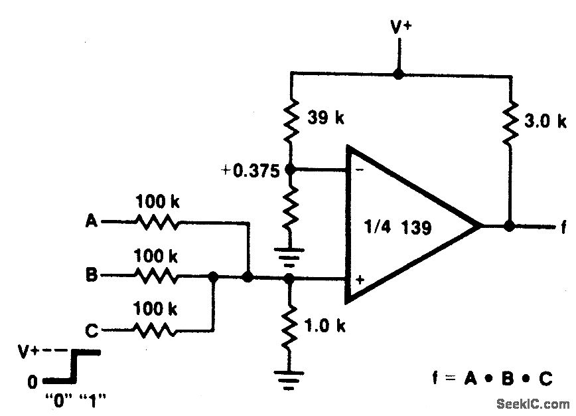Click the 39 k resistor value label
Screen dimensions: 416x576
coord(327,118)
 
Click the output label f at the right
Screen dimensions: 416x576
coord(563,227)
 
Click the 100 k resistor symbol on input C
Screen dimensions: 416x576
coord(157,329)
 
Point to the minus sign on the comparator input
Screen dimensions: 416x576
coord(359,170)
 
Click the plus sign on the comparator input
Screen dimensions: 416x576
coord(359,280)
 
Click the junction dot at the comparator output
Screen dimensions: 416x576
coord(509,226)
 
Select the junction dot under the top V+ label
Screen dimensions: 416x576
coord(398,74)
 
